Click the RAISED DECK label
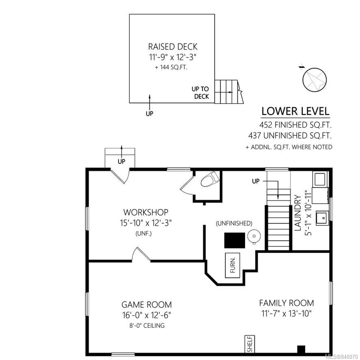click(173, 47)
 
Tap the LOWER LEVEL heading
click(295, 111)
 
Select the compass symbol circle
click(314, 80)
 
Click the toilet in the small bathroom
click(210, 179)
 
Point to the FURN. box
click(232, 265)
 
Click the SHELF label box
click(250, 344)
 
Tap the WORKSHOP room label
click(146, 212)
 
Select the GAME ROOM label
click(147, 305)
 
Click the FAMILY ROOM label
click(286, 303)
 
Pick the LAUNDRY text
click(297, 213)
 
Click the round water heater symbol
click(254, 236)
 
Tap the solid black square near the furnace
click(234, 241)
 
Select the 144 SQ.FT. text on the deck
click(171, 67)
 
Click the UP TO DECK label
click(200, 93)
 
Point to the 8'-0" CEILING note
click(147, 325)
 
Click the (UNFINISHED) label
click(234, 223)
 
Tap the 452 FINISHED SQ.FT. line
click(295, 125)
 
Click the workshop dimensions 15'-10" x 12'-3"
click(146, 223)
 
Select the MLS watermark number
click(342, 357)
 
